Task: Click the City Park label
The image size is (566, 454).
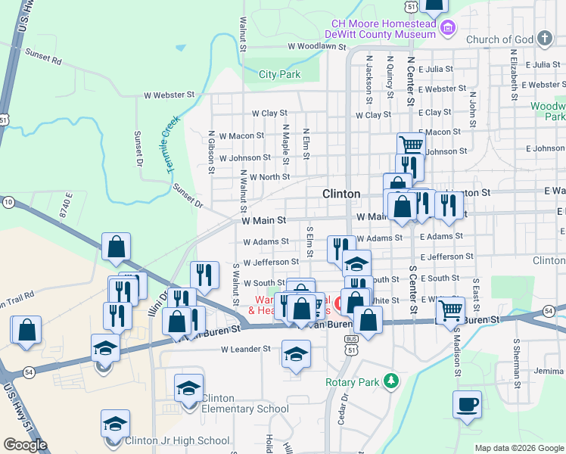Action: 279,74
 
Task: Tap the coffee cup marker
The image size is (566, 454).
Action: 467,404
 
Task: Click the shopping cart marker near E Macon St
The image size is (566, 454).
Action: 410,145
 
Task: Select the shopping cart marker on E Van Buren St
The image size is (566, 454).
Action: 450,309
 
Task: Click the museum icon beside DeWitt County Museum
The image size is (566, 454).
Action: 448,29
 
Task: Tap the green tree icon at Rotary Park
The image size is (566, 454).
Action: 390,380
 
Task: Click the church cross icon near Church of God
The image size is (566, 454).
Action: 544,39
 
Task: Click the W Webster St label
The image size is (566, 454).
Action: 169,95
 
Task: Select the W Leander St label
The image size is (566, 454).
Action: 246,350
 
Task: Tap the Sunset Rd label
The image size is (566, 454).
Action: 42,54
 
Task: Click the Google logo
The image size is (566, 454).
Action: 26,444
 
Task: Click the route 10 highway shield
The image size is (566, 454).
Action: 8,202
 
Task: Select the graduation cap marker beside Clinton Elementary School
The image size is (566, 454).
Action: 188,388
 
